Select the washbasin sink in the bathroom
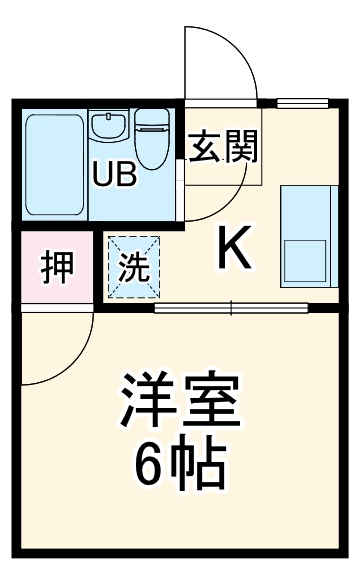(106, 128)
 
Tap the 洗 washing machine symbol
(132, 267)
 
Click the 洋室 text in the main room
(181, 400)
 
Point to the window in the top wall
(300, 102)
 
